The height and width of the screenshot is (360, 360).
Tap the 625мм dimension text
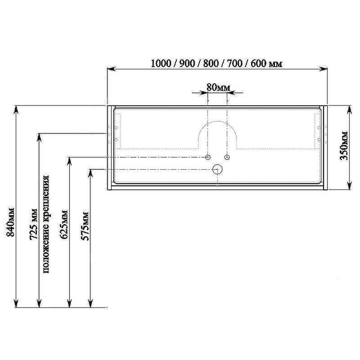(x=64, y=224)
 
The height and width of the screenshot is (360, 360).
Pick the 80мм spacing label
(x=218, y=87)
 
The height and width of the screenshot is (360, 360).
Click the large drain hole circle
(x=217, y=169)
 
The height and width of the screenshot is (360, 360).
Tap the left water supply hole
(x=207, y=157)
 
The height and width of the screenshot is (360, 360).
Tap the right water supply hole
(x=227, y=157)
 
